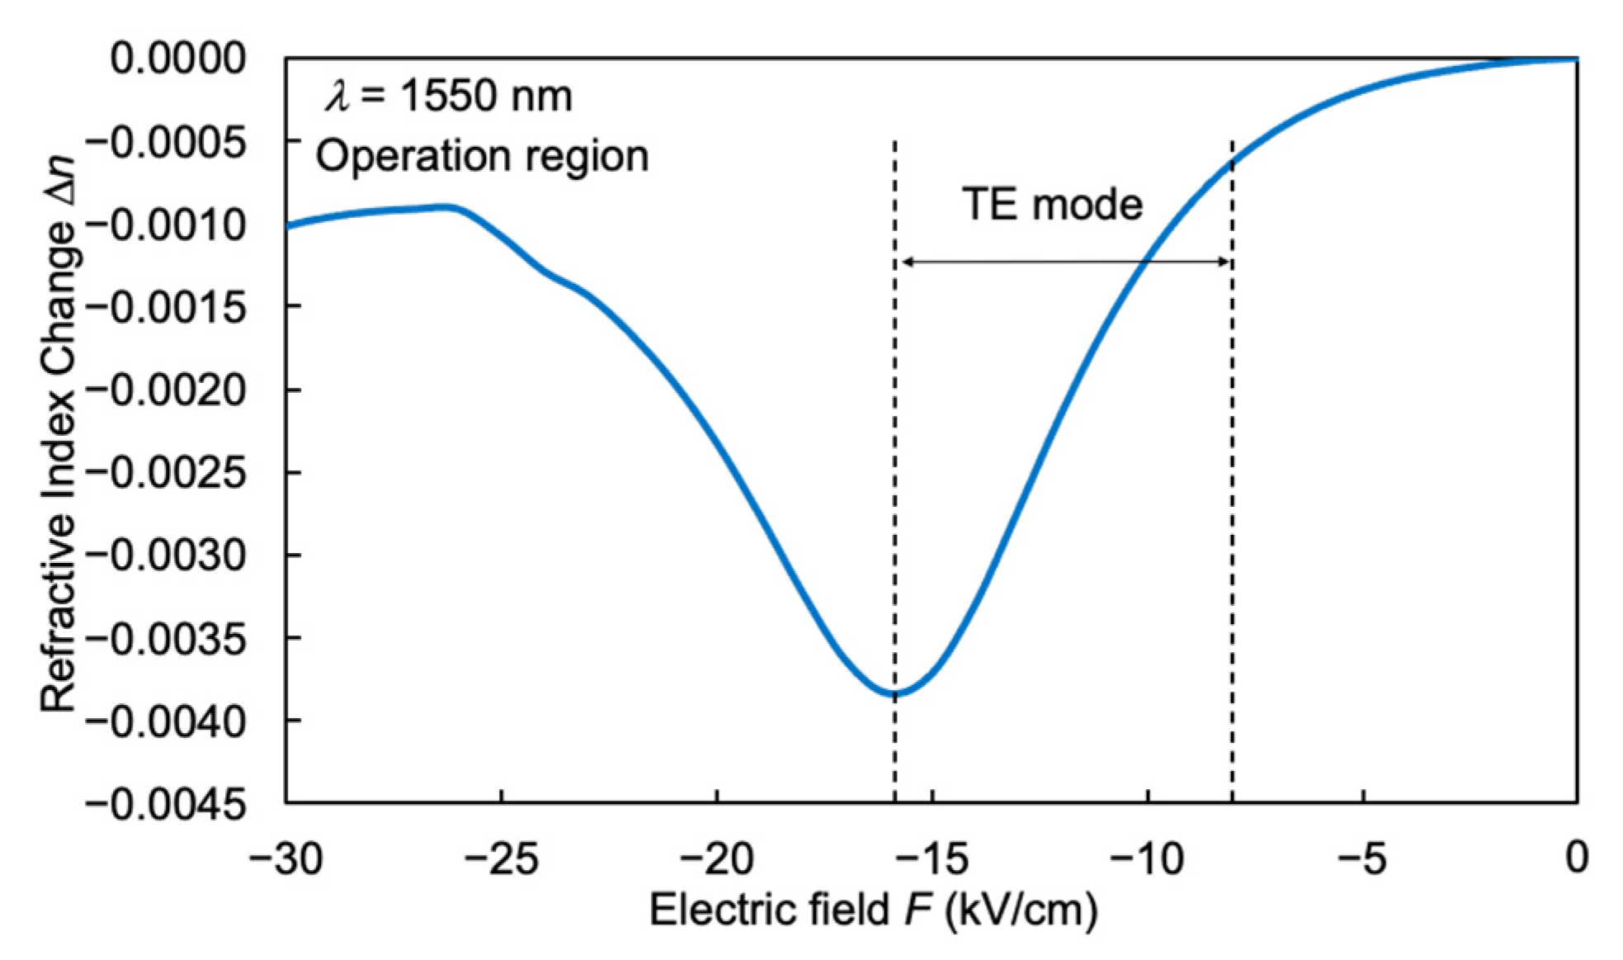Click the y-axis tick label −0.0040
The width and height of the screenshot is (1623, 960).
click(x=166, y=722)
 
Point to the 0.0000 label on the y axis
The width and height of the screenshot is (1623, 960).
click(x=178, y=59)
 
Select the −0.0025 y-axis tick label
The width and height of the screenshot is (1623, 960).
click(x=166, y=474)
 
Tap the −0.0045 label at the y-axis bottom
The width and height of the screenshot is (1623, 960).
click(x=166, y=805)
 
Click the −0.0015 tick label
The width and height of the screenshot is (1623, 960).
click(x=166, y=308)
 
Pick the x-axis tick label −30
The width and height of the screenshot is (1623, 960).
click(x=285, y=858)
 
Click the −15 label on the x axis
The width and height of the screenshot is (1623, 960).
click(x=932, y=858)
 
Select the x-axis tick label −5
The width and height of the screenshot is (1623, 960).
click(x=1362, y=858)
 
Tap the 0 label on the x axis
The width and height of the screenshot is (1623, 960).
click(x=1577, y=858)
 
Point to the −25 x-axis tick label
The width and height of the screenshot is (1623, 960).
click(x=501, y=858)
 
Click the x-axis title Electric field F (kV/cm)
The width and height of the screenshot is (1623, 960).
click(x=873, y=910)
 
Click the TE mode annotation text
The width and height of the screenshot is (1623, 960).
click(x=1052, y=204)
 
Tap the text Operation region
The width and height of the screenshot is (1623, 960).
click(x=482, y=156)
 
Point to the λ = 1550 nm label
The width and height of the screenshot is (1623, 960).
click(x=448, y=96)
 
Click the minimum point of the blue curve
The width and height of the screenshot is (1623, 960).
click(x=894, y=694)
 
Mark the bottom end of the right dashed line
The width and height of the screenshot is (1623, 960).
click(x=1232, y=800)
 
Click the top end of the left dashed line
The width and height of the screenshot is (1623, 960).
click(x=894, y=142)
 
